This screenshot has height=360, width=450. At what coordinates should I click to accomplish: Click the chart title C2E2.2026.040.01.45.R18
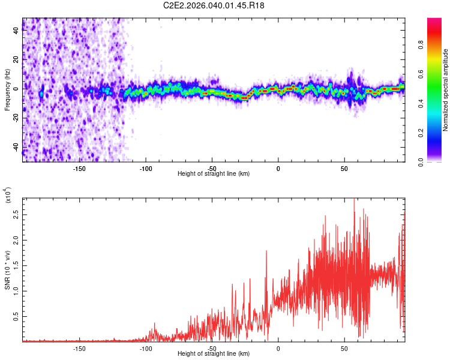214,5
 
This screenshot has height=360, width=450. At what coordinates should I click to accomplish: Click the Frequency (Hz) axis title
7,89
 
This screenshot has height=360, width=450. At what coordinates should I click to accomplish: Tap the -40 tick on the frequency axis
16,146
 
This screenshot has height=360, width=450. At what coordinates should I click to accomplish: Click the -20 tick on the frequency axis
16,118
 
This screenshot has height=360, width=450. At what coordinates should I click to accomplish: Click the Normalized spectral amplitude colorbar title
445,90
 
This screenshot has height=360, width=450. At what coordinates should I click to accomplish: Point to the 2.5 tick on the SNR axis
16,214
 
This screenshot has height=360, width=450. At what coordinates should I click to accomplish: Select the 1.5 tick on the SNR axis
16,265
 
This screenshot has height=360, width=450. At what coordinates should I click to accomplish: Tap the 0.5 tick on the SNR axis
16,317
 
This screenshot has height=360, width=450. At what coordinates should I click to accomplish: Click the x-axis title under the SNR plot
214,355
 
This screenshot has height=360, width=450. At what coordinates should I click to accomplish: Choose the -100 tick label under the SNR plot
146,347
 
